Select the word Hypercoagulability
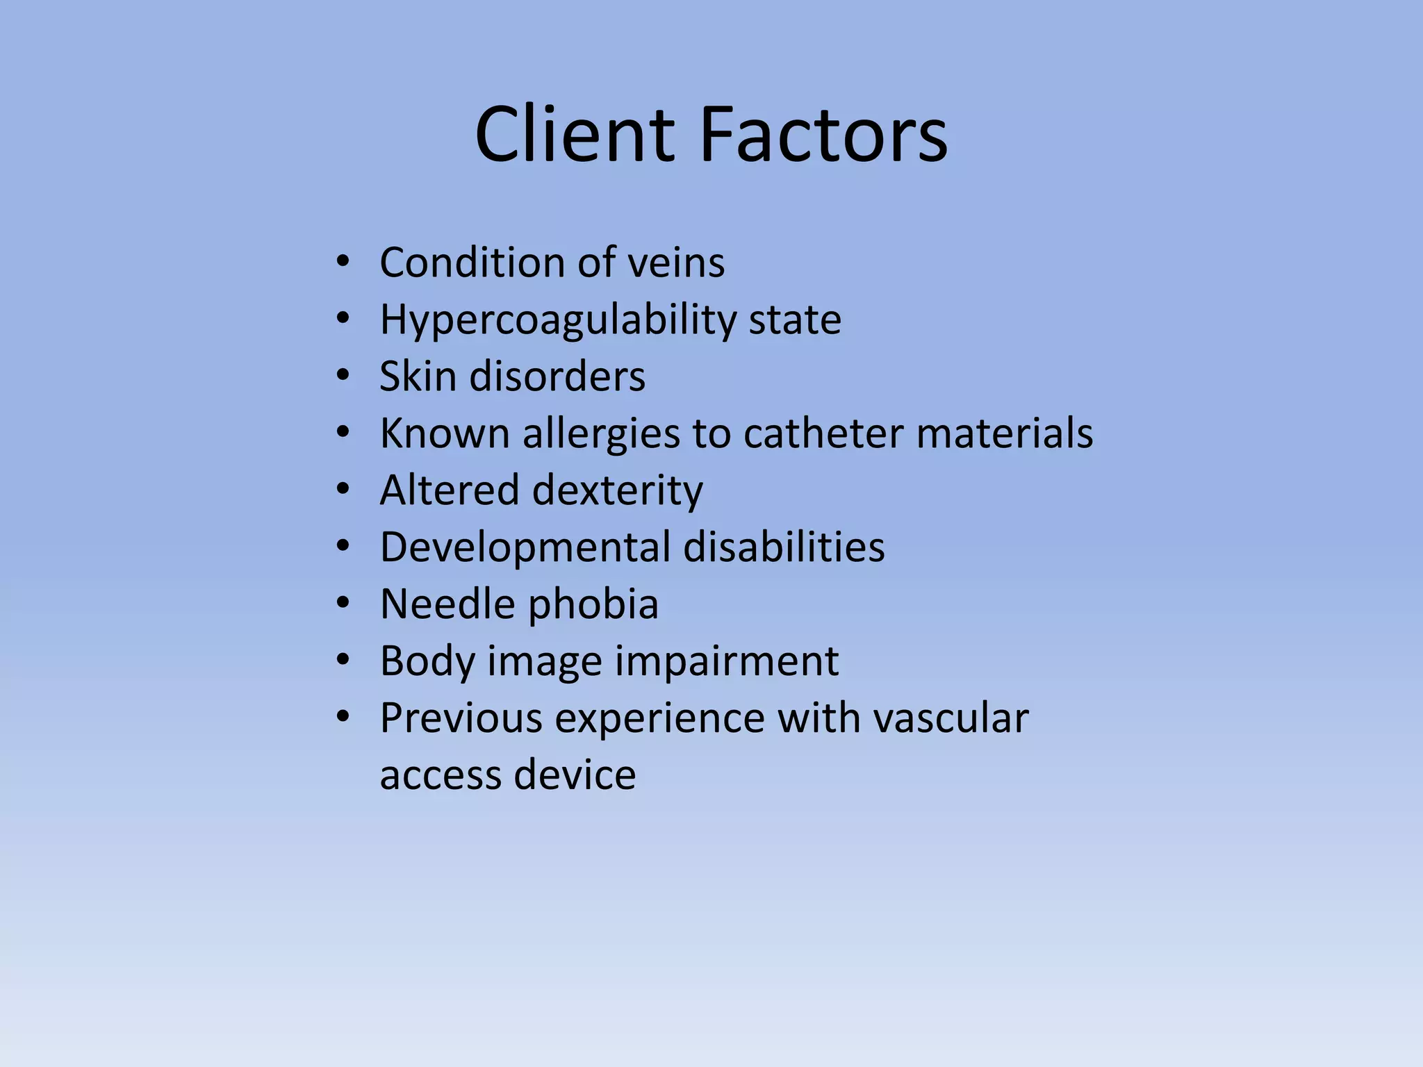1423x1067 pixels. [558, 320]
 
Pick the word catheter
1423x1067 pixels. [823, 433]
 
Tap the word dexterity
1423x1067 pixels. [618, 490]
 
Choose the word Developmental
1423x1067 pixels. [525, 547]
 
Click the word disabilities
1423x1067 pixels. [784, 547]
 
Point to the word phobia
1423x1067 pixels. [593, 604]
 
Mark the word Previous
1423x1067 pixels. [461, 718]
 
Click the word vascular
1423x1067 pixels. [951, 718]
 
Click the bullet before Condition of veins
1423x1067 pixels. [343, 263]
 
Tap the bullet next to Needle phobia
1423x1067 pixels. [343, 604]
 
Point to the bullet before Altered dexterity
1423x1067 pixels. [343, 490]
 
